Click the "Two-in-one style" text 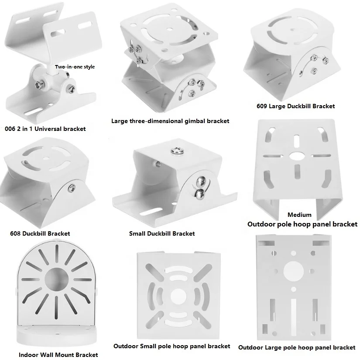click(75, 67)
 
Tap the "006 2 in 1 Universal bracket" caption click(45, 129)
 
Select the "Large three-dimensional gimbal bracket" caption click(170, 121)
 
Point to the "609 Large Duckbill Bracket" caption click(296, 106)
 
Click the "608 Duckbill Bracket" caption click(40, 233)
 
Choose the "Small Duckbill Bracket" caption click(162, 233)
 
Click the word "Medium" click(299, 215)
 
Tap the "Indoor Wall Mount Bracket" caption click(58, 355)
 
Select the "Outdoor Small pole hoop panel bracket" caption click(171, 346)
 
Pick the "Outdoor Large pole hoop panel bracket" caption click(297, 347)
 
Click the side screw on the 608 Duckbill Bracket click(71, 188)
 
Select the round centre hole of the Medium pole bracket click(298, 155)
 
